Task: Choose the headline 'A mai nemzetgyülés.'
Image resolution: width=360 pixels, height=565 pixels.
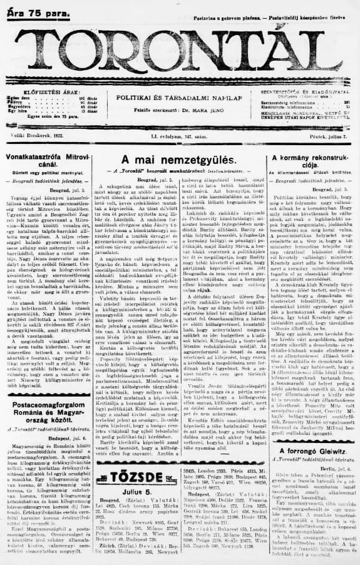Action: click(x=180, y=160)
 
